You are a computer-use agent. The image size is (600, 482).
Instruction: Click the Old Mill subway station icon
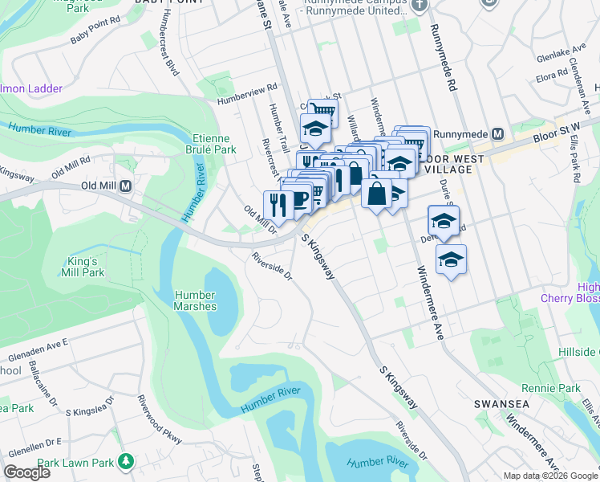click(125, 186)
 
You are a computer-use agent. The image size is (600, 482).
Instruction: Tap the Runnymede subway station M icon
click(497, 133)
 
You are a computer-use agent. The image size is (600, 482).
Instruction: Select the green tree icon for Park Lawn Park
click(125, 461)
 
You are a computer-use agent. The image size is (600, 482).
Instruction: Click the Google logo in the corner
click(26, 472)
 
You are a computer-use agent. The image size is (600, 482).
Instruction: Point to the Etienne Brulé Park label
click(214, 144)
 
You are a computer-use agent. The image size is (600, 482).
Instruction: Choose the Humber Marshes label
click(196, 300)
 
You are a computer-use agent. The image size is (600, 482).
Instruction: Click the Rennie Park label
click(558, 388)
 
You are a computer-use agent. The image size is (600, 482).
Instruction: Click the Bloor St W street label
click(555, 133)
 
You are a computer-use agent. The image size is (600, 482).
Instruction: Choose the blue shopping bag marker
click(376, 193)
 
